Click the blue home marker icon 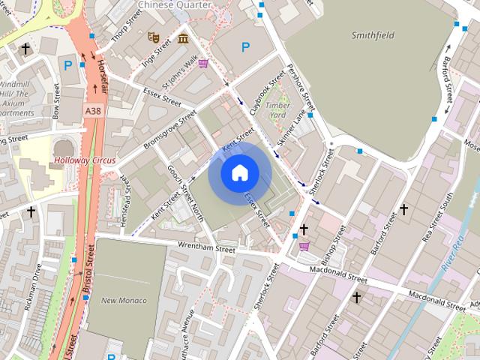(x=239, y=172)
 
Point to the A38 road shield (x=92, y=110)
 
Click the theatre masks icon (x=154, y=35)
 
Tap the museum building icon (x=183, y=38)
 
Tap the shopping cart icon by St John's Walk (x=203, y=64)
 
